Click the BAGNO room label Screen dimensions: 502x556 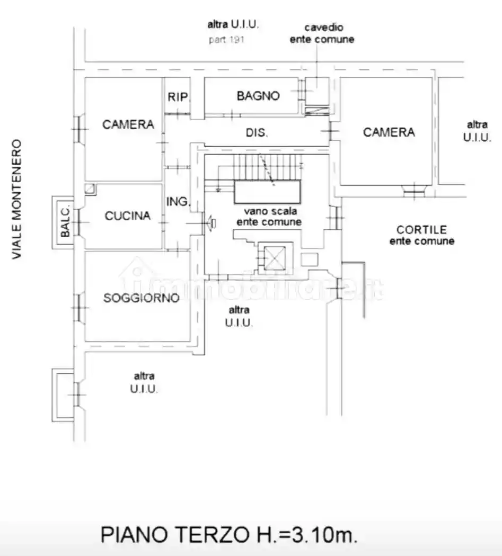click(258, 96)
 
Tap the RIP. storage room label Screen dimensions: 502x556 click(179, 97)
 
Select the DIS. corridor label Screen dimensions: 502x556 click(257, 132)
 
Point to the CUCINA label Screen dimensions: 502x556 click(127, 216)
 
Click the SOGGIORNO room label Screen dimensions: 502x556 click(142, 298)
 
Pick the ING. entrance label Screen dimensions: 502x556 click(178, 202)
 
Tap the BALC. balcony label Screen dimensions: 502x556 click(65, 221)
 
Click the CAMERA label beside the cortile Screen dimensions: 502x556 click(389, 132)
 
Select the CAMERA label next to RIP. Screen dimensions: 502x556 click(128, 124)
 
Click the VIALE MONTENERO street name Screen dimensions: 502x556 click(17, 199)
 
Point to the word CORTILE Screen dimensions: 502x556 click(422, 230)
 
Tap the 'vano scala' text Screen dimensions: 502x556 click(270, 211)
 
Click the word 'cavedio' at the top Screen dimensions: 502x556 click(324, 28)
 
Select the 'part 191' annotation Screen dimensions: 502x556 click(226, 39)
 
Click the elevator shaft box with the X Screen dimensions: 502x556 click(275, 258)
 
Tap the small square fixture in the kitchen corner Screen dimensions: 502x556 click(91, 189)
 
